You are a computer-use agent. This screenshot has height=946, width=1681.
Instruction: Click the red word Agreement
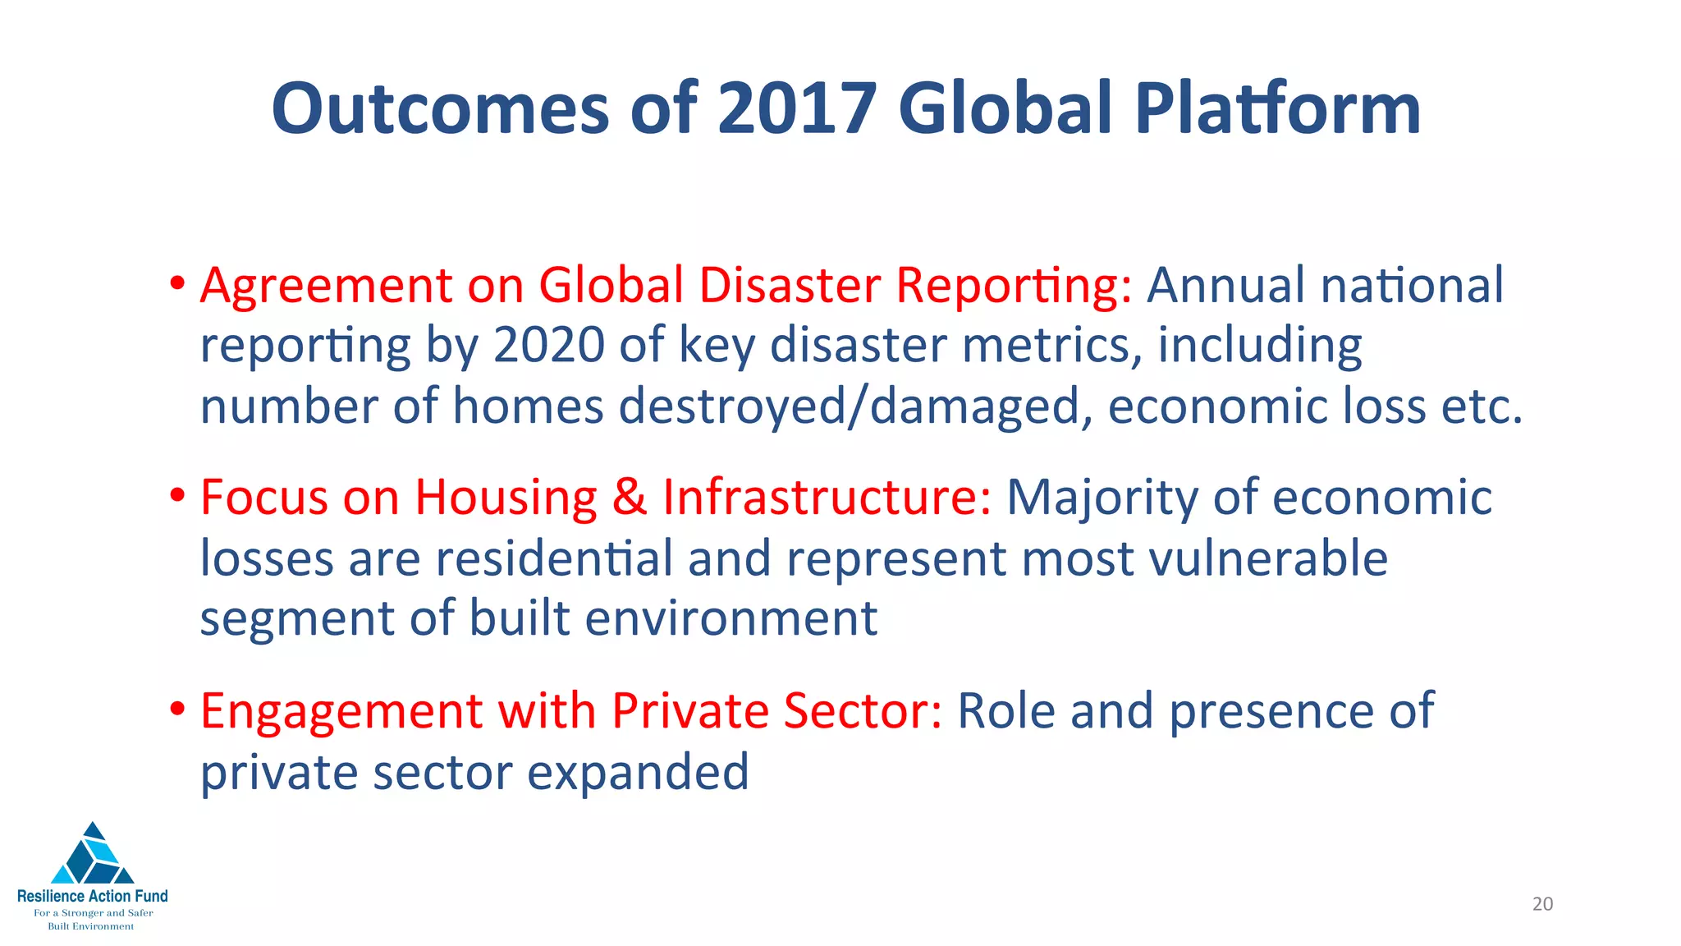326,287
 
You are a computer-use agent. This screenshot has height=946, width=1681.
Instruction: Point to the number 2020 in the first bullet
549,346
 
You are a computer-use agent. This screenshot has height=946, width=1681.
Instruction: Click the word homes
528,406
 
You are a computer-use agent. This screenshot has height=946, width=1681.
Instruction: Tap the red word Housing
506,498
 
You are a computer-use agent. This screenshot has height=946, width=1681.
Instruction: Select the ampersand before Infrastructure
630,498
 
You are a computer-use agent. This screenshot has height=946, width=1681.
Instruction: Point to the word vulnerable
1268,558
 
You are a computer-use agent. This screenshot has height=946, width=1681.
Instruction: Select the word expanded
638,773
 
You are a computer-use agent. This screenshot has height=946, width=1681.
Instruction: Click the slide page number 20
1542,904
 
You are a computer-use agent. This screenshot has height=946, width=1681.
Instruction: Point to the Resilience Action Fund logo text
93,896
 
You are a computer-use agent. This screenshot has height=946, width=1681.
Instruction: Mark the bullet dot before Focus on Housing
177,497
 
